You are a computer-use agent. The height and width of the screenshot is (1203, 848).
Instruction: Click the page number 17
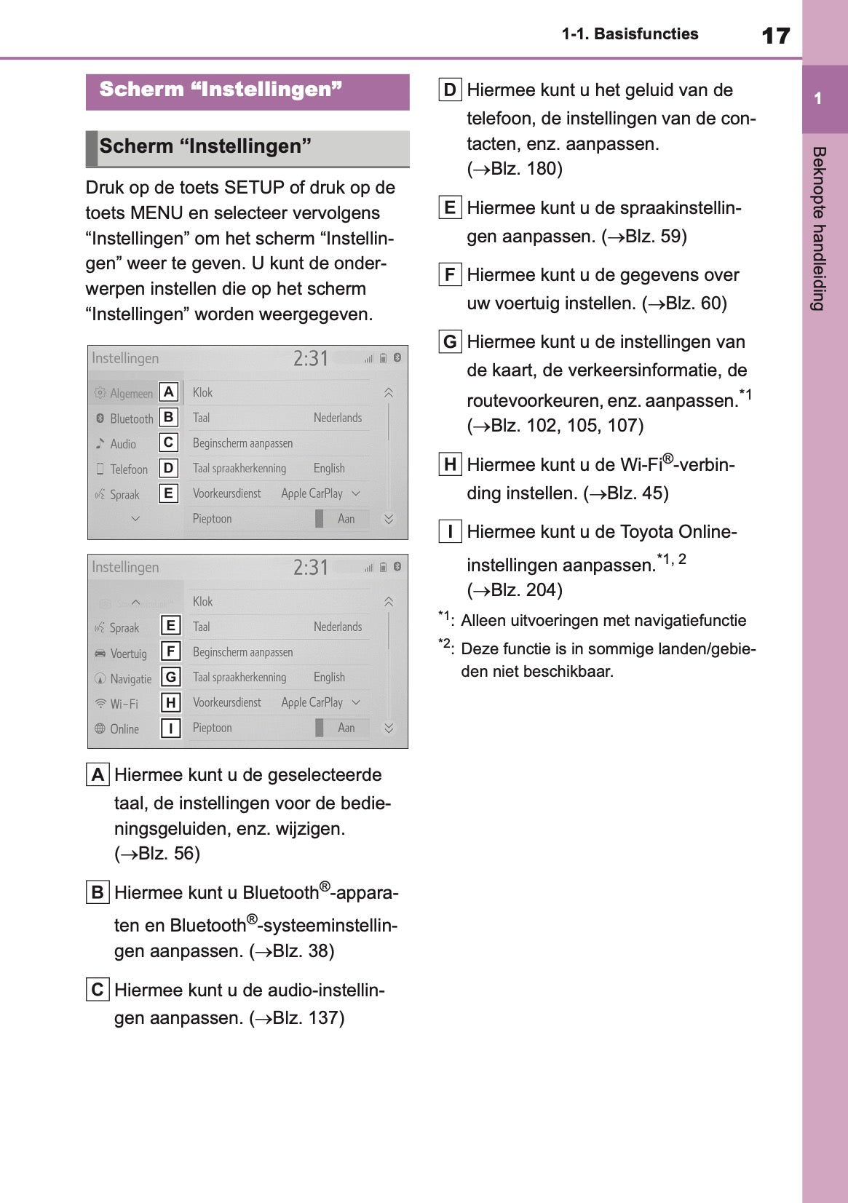[775, 36]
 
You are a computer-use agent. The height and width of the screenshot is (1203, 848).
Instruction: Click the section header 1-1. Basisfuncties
[630, 34]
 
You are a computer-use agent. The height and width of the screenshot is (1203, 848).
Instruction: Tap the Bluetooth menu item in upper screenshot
[131, 418]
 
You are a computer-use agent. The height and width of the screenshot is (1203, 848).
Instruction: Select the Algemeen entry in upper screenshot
[131, 394]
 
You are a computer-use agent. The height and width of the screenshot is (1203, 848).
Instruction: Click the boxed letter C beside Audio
[168, 442]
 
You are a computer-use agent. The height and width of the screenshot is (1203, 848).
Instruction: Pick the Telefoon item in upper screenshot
[128, 469]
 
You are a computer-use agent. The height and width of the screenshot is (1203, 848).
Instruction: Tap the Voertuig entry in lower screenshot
[128, 654]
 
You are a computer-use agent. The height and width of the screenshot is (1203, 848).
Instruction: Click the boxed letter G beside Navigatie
[170, 678]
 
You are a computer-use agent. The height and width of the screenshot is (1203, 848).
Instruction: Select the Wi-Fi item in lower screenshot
[124, 704]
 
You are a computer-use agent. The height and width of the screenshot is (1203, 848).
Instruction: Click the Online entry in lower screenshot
[124, 729]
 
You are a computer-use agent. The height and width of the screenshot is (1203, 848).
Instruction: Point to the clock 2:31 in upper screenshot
[311, 358]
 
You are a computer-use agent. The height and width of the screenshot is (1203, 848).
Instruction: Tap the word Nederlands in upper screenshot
[337, 418]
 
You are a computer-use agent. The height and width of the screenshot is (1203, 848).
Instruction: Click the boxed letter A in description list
[98, 774]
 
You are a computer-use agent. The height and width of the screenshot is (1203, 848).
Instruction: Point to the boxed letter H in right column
[450, 464]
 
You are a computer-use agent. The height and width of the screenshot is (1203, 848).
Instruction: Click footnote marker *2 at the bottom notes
[445, 644]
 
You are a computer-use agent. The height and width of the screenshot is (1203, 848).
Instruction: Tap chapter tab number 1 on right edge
[818, 99]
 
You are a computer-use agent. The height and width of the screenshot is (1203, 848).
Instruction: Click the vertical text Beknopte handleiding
[819, 229]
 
